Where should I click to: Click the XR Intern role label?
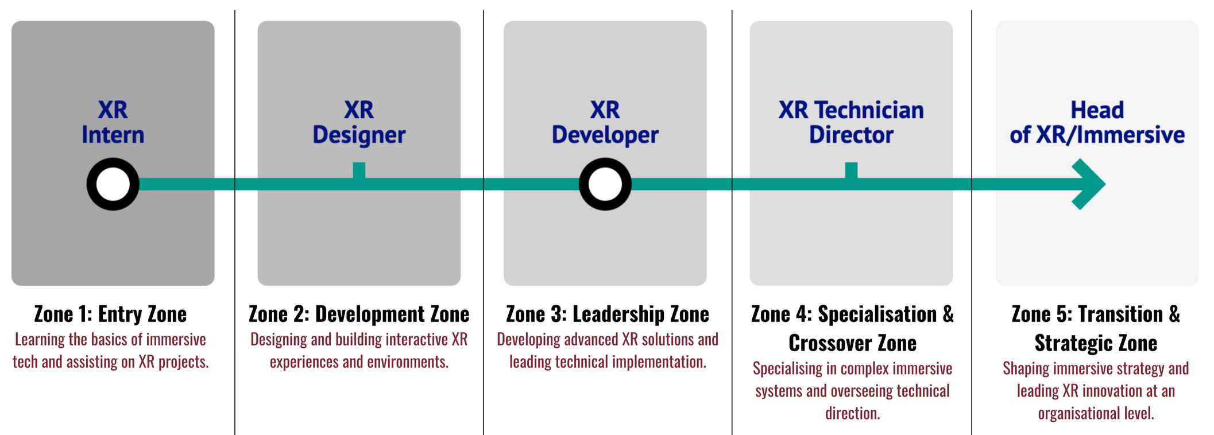point(113,122)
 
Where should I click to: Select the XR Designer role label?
point(359,122)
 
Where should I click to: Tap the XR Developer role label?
point(605,122)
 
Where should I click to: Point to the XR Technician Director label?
point(851,122)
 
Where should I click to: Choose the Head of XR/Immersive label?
point(1097,122)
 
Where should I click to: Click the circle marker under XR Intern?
point(113,184)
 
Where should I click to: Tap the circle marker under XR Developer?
point(605,184)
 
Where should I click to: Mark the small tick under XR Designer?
point(359,170)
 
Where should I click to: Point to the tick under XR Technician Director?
point(851,170)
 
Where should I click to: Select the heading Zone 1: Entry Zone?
point(110,314)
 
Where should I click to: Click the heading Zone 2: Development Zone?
point(359,314)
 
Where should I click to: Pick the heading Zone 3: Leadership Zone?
point(607,314)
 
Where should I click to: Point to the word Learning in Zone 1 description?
point(40,340)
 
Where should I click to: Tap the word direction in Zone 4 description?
point(852,413)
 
